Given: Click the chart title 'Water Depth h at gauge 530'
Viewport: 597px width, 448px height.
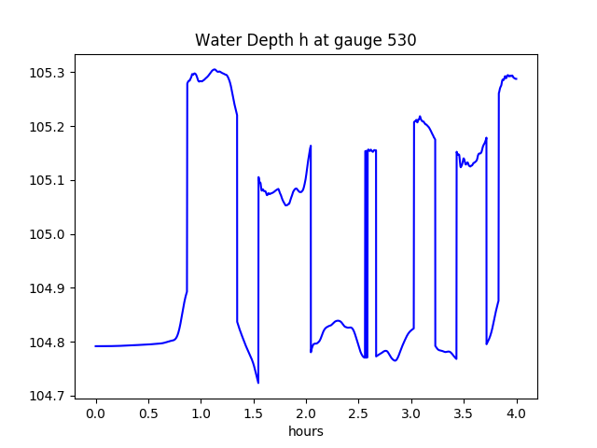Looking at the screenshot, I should [305, 40].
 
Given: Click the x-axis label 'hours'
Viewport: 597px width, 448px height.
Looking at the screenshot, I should [305, 432].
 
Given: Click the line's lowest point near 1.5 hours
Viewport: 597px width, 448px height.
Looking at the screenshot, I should [258, 383].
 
